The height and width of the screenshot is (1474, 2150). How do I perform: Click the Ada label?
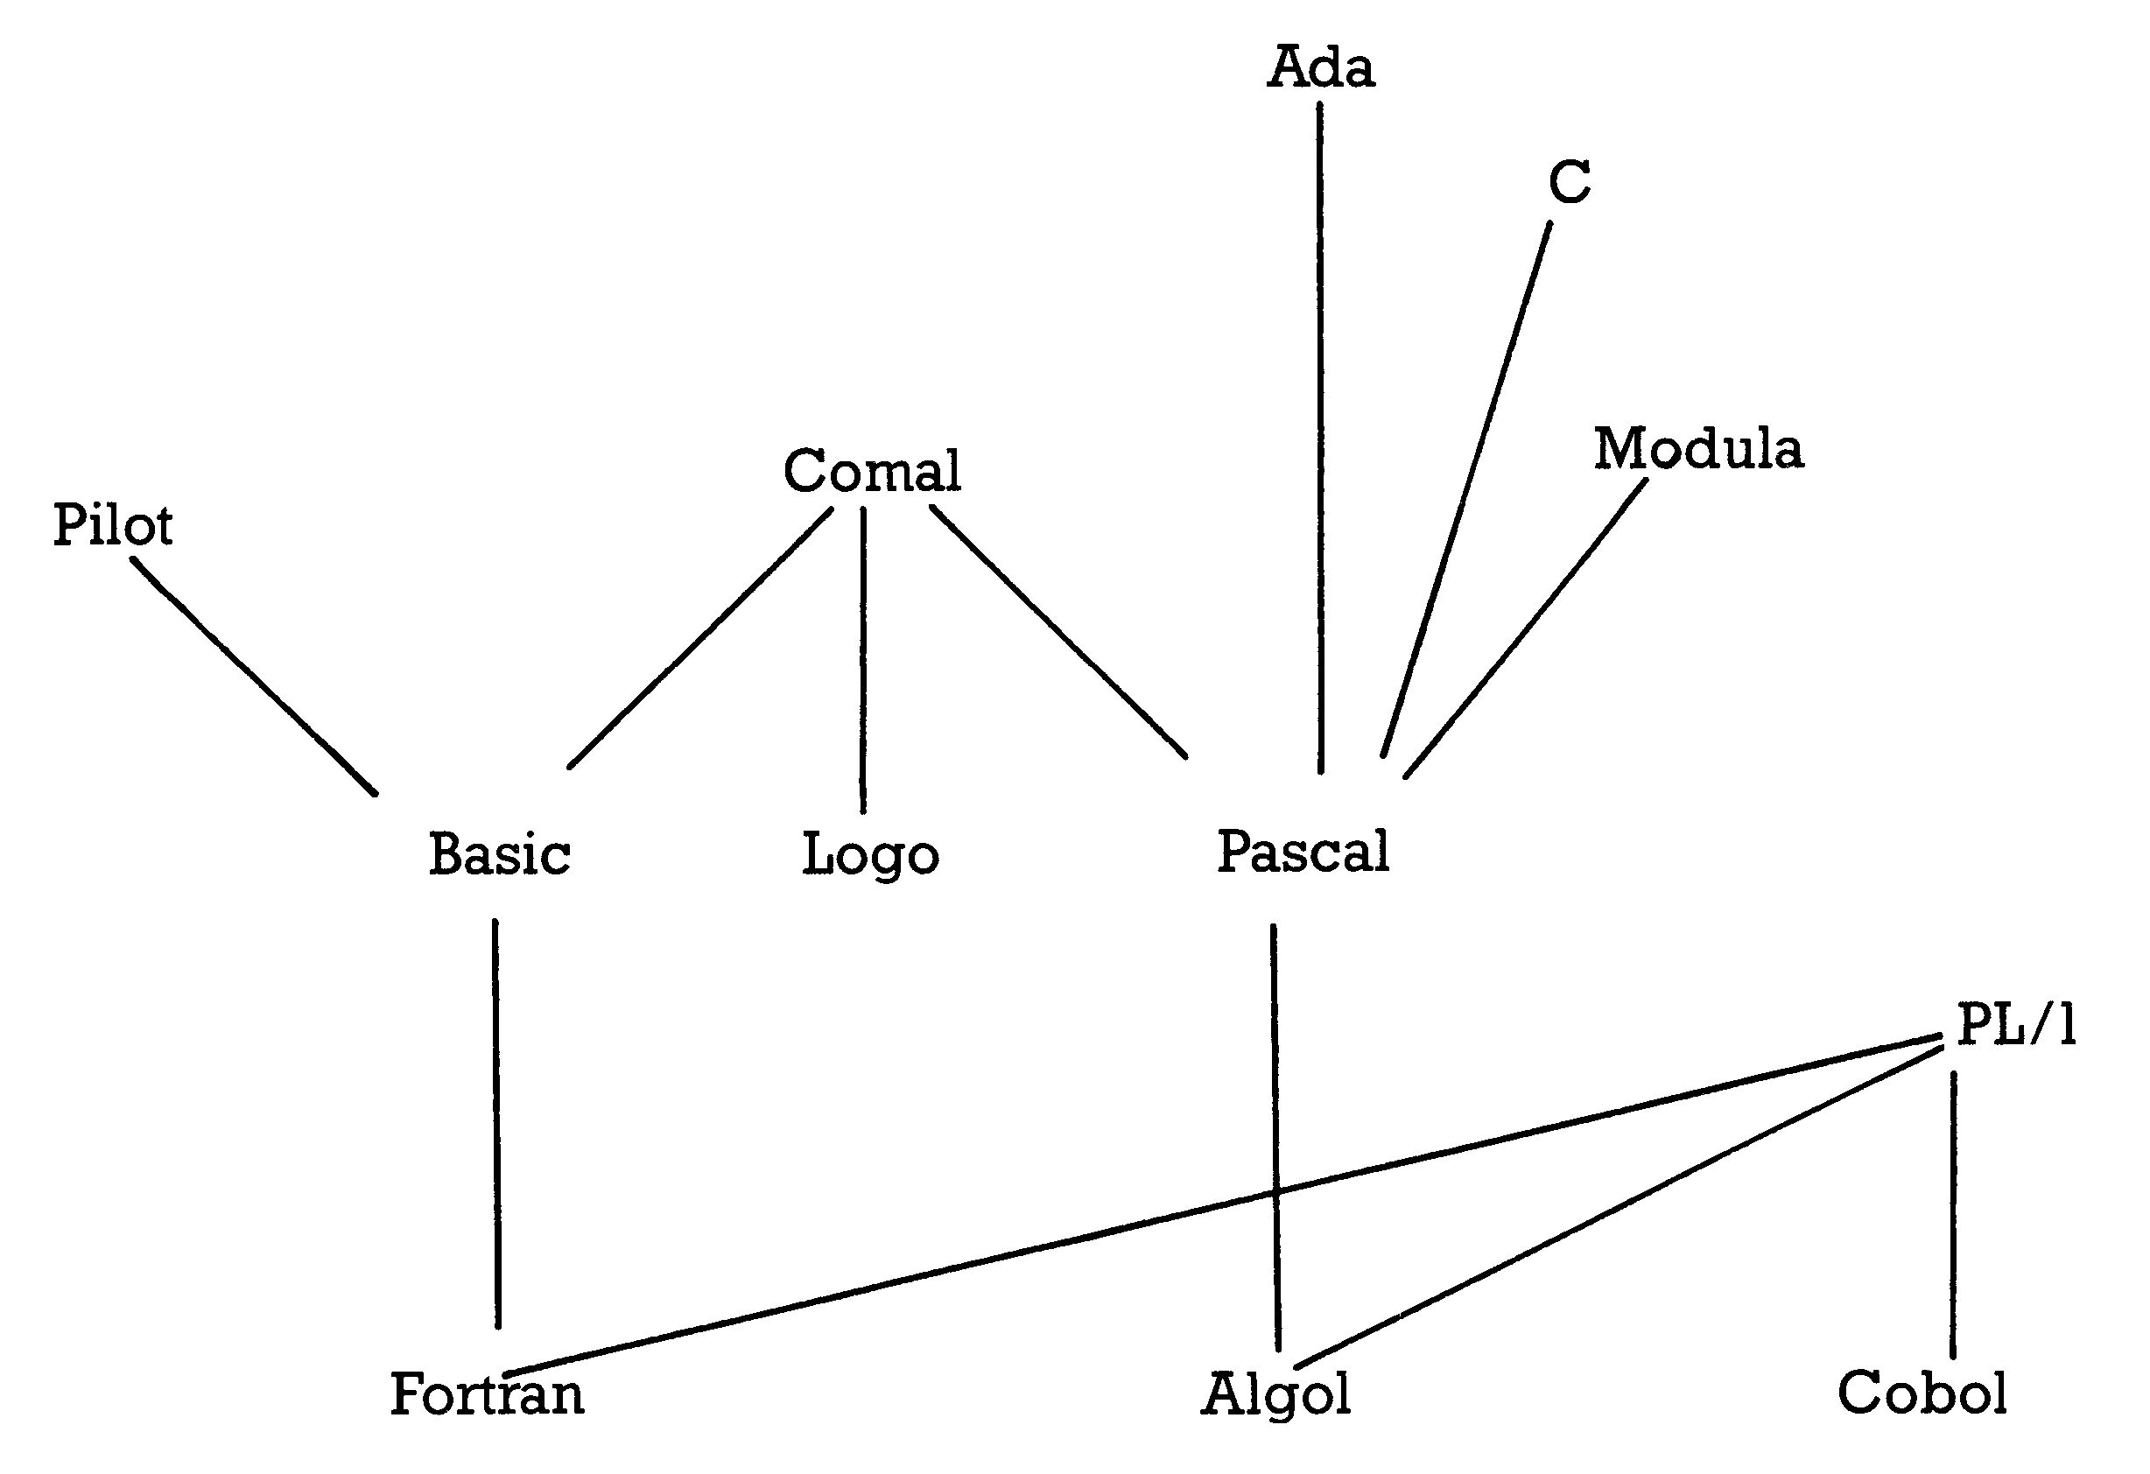pyautogui.click(x=1320, y=67)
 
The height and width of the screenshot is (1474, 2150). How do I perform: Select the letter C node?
pyautogui.click(x=1570, y=181)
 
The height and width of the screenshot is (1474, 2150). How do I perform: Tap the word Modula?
pyautogui.click(x=1698, y=449)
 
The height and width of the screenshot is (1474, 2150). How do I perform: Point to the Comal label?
pyautogui.click(x=872, y=470)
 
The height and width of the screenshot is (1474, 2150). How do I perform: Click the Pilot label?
pyautogui.click(x=113, y=524)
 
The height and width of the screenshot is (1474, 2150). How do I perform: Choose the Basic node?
pyautogui.click(x=500, y=853)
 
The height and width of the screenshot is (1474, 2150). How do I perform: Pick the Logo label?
pyautogui.click(x=870, y=855)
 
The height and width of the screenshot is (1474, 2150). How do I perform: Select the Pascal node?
pyautogui.click(x=1303, y=852)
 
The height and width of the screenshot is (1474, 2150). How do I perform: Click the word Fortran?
pyautogui.click(x=488, y=1394)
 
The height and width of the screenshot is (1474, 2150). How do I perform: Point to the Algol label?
pyautogui.click(x=1275, y=1395)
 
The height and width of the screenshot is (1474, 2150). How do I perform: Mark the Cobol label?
pyautogui.click(x=1922, y=1393)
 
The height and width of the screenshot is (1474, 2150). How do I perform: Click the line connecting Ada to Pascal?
pyautogui.click(x=1320, y=437)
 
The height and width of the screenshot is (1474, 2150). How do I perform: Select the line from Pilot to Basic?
pyautogui.click(x=254, y=676)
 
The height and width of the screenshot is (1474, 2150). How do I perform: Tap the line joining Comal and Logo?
pyautogui.click(x=863, y=661)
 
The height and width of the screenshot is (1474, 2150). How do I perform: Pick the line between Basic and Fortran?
pyautogui.click(x=495, y=1123)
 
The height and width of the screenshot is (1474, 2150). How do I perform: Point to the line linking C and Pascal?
pyautogui.click(x=1466, y=488)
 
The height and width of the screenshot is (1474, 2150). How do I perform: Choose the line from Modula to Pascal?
pyautogui.click(x=1526, y=628)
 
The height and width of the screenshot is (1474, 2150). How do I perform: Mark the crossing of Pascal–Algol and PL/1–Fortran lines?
pyautogui.click(x=1275, y=1196)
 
